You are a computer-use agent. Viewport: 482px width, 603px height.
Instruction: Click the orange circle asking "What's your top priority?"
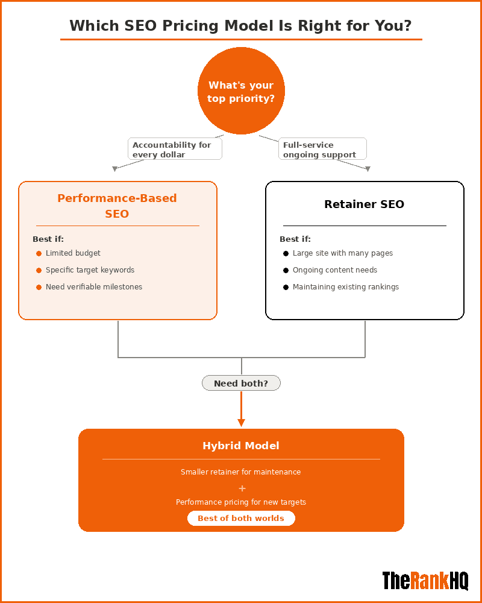click(241, 91)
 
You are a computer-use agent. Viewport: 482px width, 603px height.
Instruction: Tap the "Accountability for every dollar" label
click(175, 150)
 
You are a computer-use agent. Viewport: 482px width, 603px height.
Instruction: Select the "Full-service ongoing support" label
click(322, 150)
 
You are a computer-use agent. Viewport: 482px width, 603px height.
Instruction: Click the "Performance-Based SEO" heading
click(117, 206)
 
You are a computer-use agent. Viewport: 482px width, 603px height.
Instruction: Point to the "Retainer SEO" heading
click(364, 204)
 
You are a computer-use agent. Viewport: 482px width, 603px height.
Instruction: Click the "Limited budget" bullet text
click(73, 253)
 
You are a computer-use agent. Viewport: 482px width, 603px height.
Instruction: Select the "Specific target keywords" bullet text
click(90, 270)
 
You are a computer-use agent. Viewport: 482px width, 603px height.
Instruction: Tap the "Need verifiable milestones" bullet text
click(94, 287)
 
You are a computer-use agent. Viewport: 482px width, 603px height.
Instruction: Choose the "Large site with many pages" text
click(342, 253)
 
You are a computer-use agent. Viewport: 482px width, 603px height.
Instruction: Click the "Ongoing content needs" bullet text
click(334, 270)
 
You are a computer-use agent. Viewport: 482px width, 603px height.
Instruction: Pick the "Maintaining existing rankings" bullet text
click(345, 287)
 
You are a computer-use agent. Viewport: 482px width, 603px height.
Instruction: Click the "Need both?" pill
click(241, 383)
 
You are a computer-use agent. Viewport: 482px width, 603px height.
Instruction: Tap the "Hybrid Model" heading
click(241, 446)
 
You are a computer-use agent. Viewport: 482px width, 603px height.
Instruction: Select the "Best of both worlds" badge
click(241, 519)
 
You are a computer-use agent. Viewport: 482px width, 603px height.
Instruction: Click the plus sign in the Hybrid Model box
click(242, 488)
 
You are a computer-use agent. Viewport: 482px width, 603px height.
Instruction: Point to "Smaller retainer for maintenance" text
click(241, 472)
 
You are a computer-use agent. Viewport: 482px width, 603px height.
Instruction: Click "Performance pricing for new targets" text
click(241, 502)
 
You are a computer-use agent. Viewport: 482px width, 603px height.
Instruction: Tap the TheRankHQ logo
click(425, 580)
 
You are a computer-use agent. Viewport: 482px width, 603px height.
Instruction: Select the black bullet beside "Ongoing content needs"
click(286, 270)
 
